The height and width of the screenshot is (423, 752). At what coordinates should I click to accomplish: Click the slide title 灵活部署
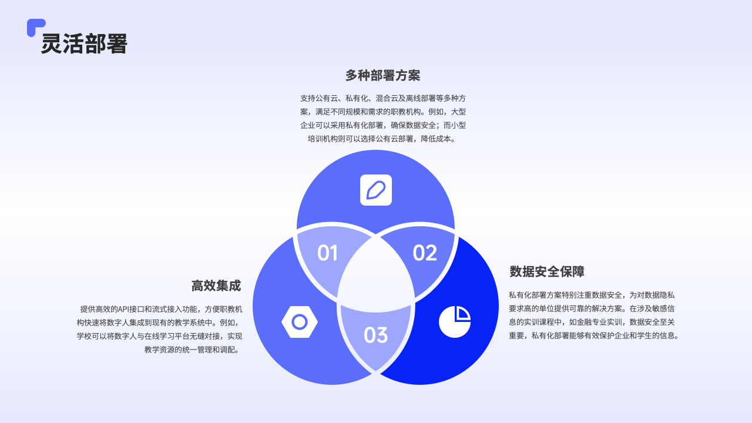click(x=84, y=44)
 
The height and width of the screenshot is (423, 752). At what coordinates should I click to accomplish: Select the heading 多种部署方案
click(x=382, y=76)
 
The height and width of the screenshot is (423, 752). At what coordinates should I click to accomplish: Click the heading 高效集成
click(x=216, y=286)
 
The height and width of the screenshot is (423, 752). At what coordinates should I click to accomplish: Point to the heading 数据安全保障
click(x=547, y=272)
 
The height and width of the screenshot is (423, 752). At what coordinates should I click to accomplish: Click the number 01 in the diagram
click(x=327, y=253)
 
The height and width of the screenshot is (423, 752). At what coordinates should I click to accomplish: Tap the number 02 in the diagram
click(x=425, y=253)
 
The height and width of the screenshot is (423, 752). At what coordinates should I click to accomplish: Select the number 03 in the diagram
click(x=376, y=335)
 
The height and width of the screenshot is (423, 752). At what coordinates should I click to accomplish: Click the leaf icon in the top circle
click(x=376, y=190)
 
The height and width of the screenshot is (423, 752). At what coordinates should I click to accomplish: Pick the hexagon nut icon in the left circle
click(x=300, y=322)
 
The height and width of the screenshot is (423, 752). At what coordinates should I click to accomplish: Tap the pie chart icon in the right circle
click(x=455, y=322)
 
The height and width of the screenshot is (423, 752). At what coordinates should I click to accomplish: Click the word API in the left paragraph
click(x=126, y=309)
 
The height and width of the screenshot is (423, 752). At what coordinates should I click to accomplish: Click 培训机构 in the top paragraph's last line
click(x=323, y=139)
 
